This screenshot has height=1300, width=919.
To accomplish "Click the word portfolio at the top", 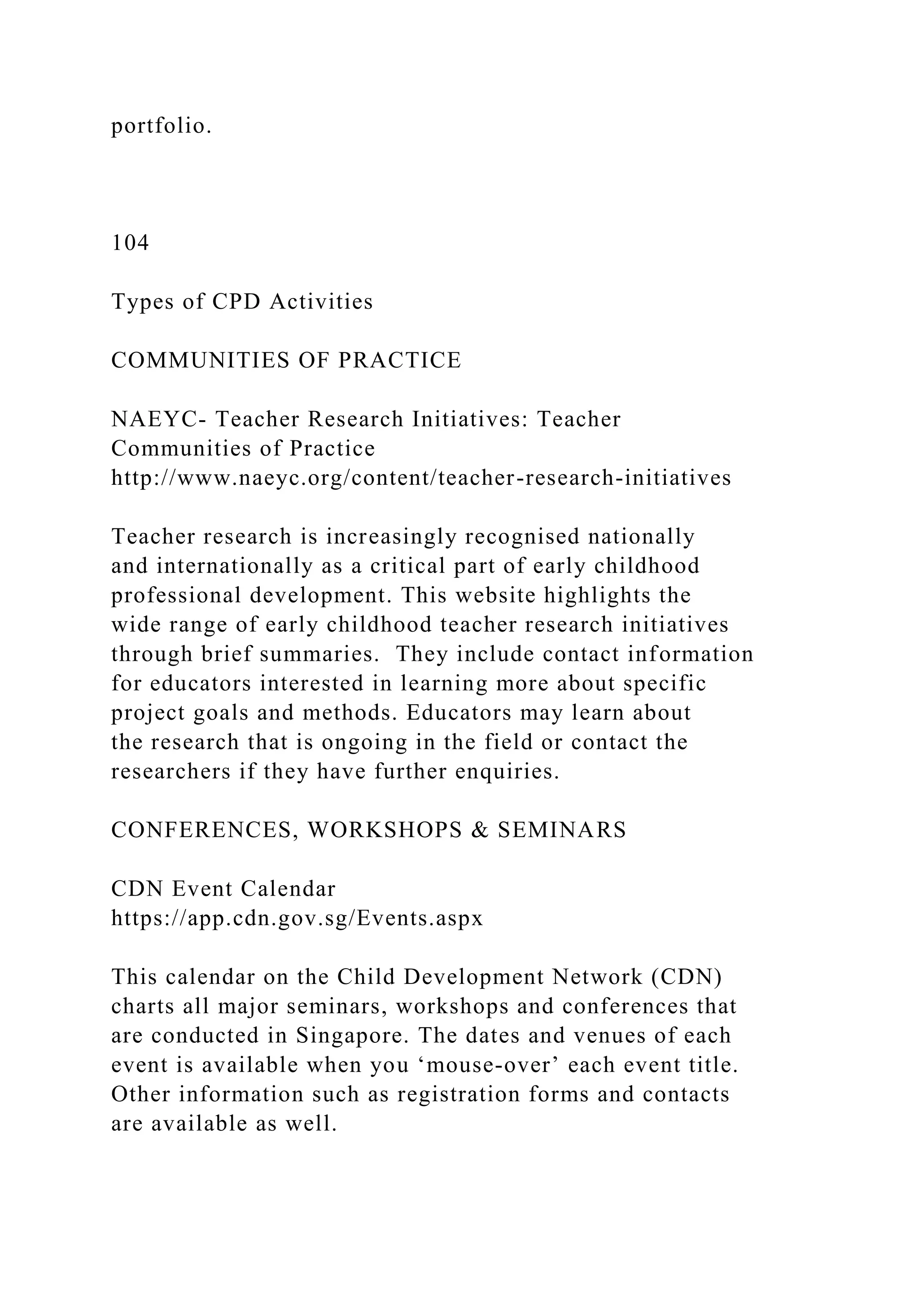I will pos(161,126).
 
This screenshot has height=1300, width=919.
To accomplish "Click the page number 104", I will pos(130,243).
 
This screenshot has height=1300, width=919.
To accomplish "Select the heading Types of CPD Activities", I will pos(242,302).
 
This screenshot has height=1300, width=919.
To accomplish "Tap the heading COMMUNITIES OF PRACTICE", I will pos(286,360).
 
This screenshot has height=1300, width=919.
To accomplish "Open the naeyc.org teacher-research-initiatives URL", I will pos(421,478).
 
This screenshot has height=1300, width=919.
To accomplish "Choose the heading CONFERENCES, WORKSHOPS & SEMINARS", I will pos(368,830).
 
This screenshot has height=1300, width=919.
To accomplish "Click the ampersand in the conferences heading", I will pos(480,830).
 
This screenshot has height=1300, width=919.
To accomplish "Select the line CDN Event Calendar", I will pos(223,889).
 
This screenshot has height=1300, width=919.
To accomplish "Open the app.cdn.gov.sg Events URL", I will pos(297,918).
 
